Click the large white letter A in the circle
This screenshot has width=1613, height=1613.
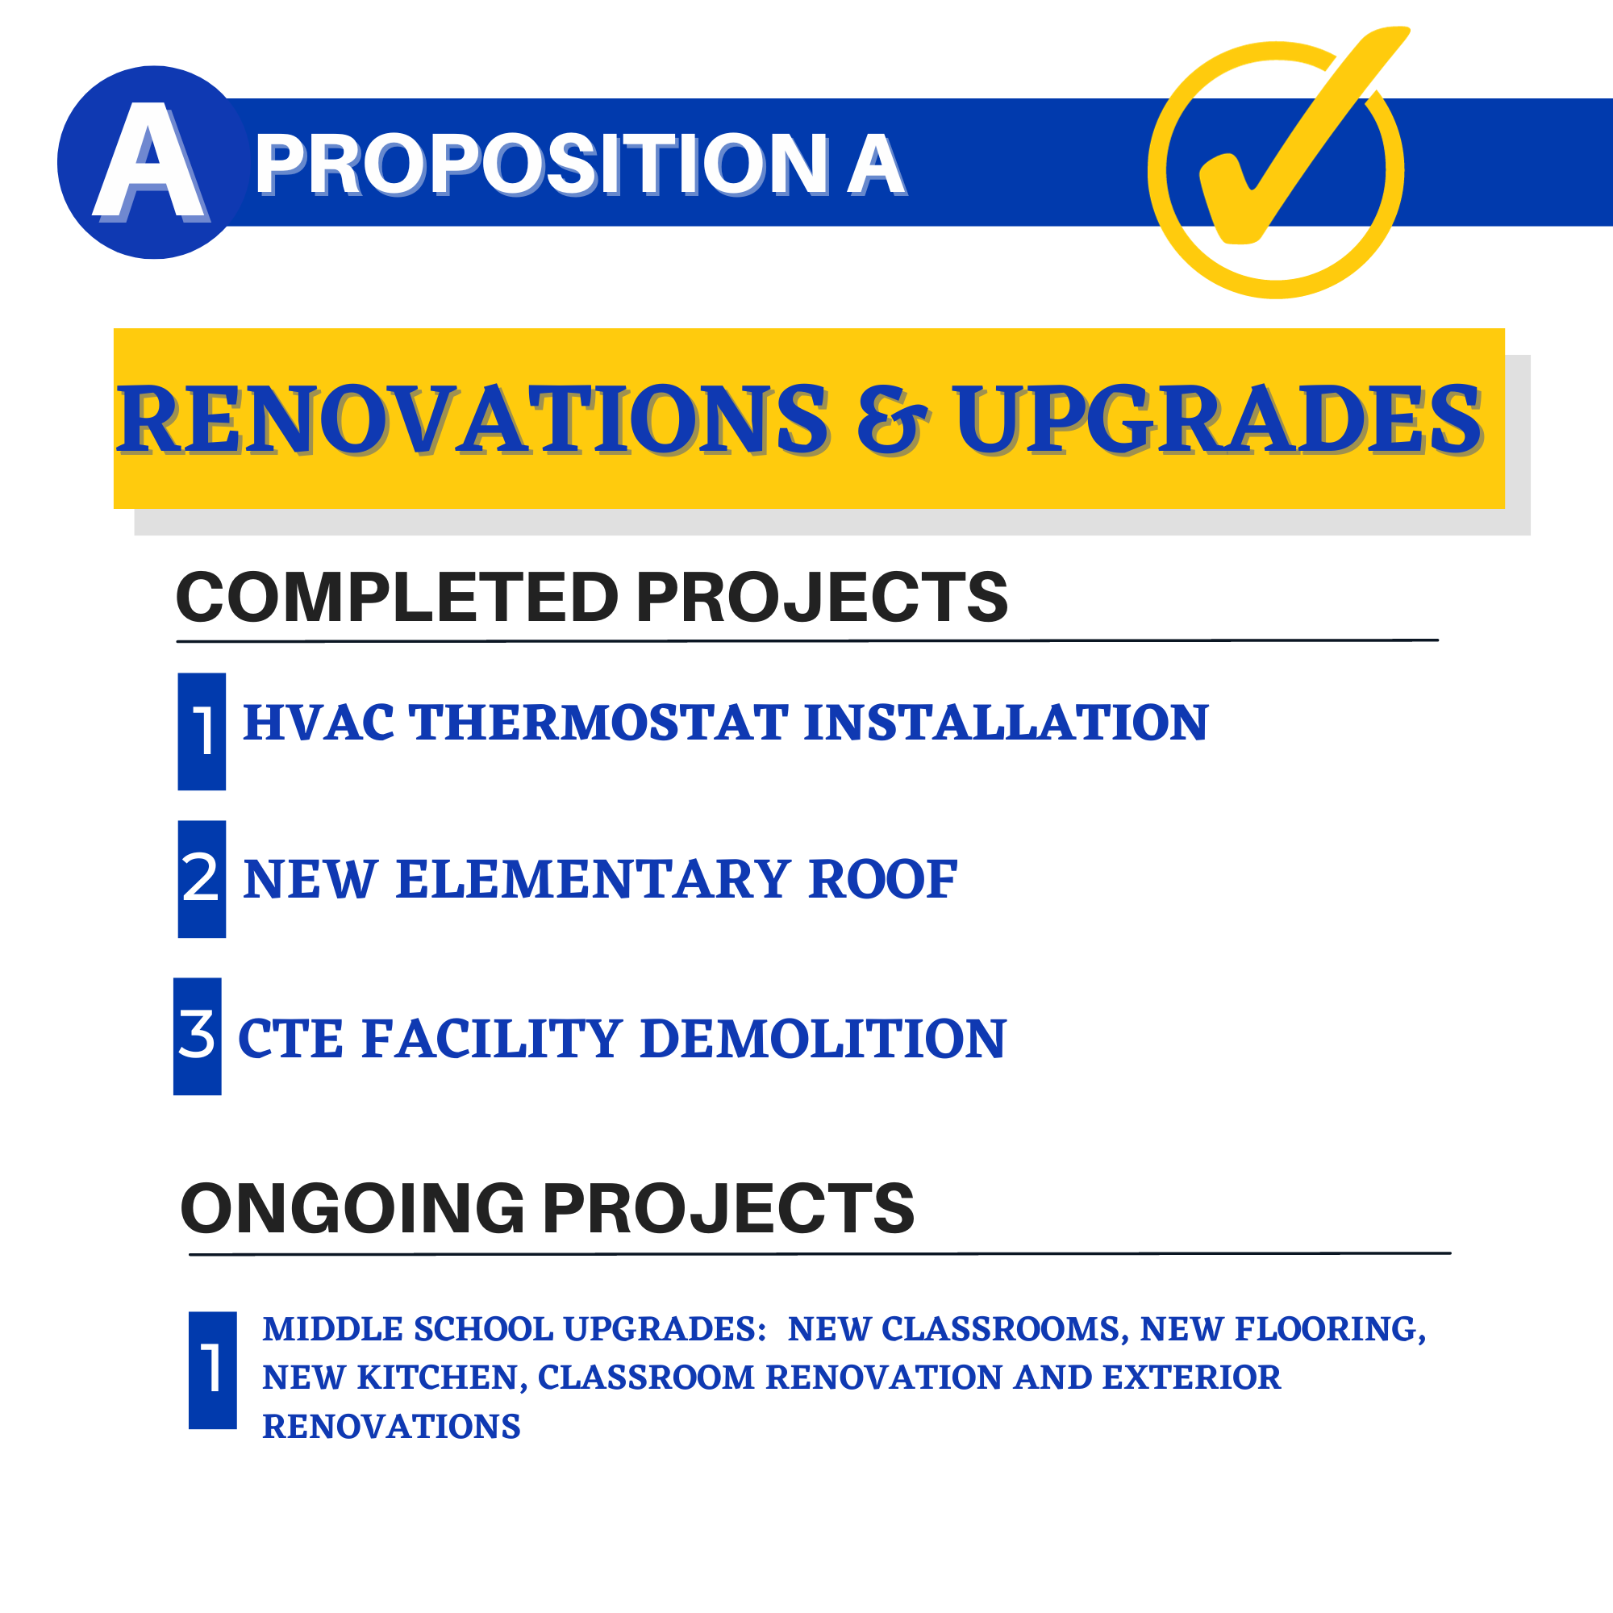[x=150, y=162]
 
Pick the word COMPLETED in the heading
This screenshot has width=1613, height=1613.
[x=397, y=598]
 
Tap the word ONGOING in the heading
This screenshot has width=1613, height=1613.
[x=352, y=1209]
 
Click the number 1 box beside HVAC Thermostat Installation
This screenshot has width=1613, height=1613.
[x=202, y=731]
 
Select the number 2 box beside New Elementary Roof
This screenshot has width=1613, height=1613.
[x=202, y=879]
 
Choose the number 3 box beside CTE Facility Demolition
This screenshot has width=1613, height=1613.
[x=198, y=1036]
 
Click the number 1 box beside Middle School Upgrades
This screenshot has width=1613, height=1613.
[x=213, y=1370]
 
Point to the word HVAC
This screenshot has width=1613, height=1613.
[x=318, y=722]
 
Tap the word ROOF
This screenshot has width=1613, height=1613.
[x=882, y=880]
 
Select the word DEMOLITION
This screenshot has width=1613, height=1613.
[x=823, y=1039]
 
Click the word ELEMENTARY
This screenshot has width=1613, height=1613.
[x=593, y=880]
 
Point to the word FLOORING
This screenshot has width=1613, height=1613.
[x=1331, y=1329]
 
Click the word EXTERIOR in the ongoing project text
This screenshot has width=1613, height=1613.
[x=1191, y=1378]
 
